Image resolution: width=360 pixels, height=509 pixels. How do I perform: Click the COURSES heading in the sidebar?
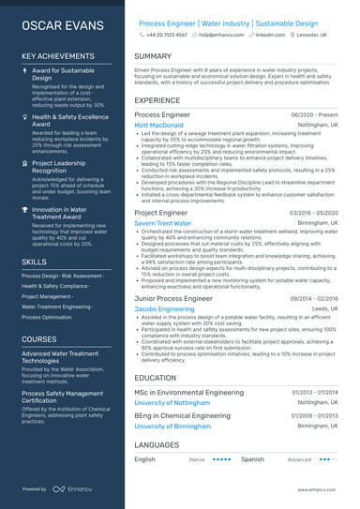39,338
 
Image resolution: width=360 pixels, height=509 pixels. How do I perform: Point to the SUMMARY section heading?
153,56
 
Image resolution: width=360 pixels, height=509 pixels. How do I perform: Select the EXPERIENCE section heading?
157,99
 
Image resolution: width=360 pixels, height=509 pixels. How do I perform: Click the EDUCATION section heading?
156,378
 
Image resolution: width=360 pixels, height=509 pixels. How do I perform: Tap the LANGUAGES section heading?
157,444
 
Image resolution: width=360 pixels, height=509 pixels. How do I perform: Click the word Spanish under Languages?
252,460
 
